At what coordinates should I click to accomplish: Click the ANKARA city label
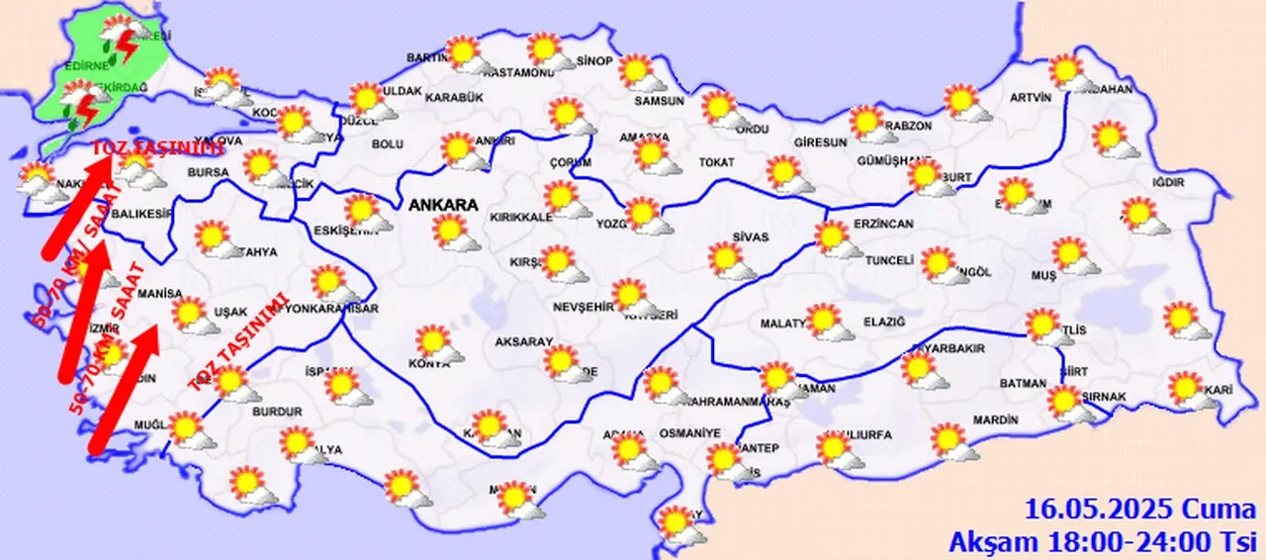pyautogui.click(x=442, y=206)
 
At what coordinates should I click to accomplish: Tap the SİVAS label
pyautogui.click(x=751, y=237)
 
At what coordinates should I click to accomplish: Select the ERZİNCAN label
pyautogui.click(x=882, y=225)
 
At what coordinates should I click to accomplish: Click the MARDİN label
pyautogui.click(x=995, y=420)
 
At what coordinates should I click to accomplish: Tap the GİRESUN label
pyautogui.click(x=820, y=142)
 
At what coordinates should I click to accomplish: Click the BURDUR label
pyautogui.click(x=277, y=411)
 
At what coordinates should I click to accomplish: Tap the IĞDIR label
pyautogui.click(x=1168, y=182)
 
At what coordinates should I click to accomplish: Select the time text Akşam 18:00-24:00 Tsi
pyautogui.click(x=1103, y=541)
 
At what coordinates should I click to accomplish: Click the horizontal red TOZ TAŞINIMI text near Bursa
pyautogui.click(x=158, y=149)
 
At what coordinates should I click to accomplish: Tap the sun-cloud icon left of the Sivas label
pyautogui.click(x=729, y=260)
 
